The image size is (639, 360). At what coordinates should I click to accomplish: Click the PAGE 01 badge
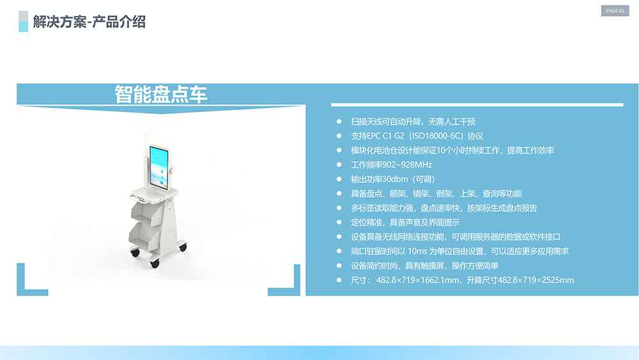(615, 11)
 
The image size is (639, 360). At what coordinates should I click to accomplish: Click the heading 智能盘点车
(161, 95)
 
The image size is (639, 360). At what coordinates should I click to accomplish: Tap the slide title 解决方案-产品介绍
(89, 22)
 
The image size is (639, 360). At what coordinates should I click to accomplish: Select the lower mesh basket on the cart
(146, 237)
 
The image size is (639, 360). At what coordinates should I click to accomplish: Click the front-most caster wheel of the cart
(154, 262)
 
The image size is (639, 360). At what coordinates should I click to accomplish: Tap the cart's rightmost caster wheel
(183, 246)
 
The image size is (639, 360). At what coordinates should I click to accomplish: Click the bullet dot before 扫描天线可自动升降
(339, 121)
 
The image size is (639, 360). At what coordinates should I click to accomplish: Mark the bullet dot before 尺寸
(339, 280)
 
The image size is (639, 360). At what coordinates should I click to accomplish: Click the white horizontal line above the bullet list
(477, 104)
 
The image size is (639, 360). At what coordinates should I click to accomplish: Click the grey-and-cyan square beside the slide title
(24, 21)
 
